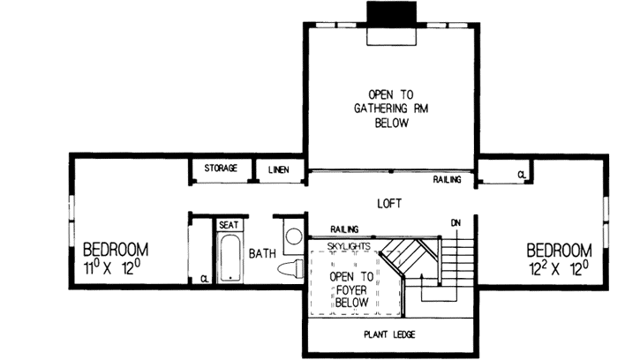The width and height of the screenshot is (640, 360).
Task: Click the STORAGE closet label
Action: (x=221, y=168)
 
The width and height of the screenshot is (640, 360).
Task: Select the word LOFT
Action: (x=389, y=204)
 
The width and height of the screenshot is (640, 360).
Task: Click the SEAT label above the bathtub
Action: (x=229, y=225)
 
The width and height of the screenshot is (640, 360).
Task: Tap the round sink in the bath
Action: (x=293, y=237)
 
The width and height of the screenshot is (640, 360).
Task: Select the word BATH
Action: (x=261, y=254)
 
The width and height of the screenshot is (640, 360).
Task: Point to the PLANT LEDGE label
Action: (x=389, y=334)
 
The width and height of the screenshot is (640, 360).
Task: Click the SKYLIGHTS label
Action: (x=347, y=244)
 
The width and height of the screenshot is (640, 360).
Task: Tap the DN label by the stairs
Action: (x=456, y=221)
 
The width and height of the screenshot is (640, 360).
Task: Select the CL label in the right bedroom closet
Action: (x=522, y=175)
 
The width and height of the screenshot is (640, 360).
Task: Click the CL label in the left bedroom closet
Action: (x=204, y=279)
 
